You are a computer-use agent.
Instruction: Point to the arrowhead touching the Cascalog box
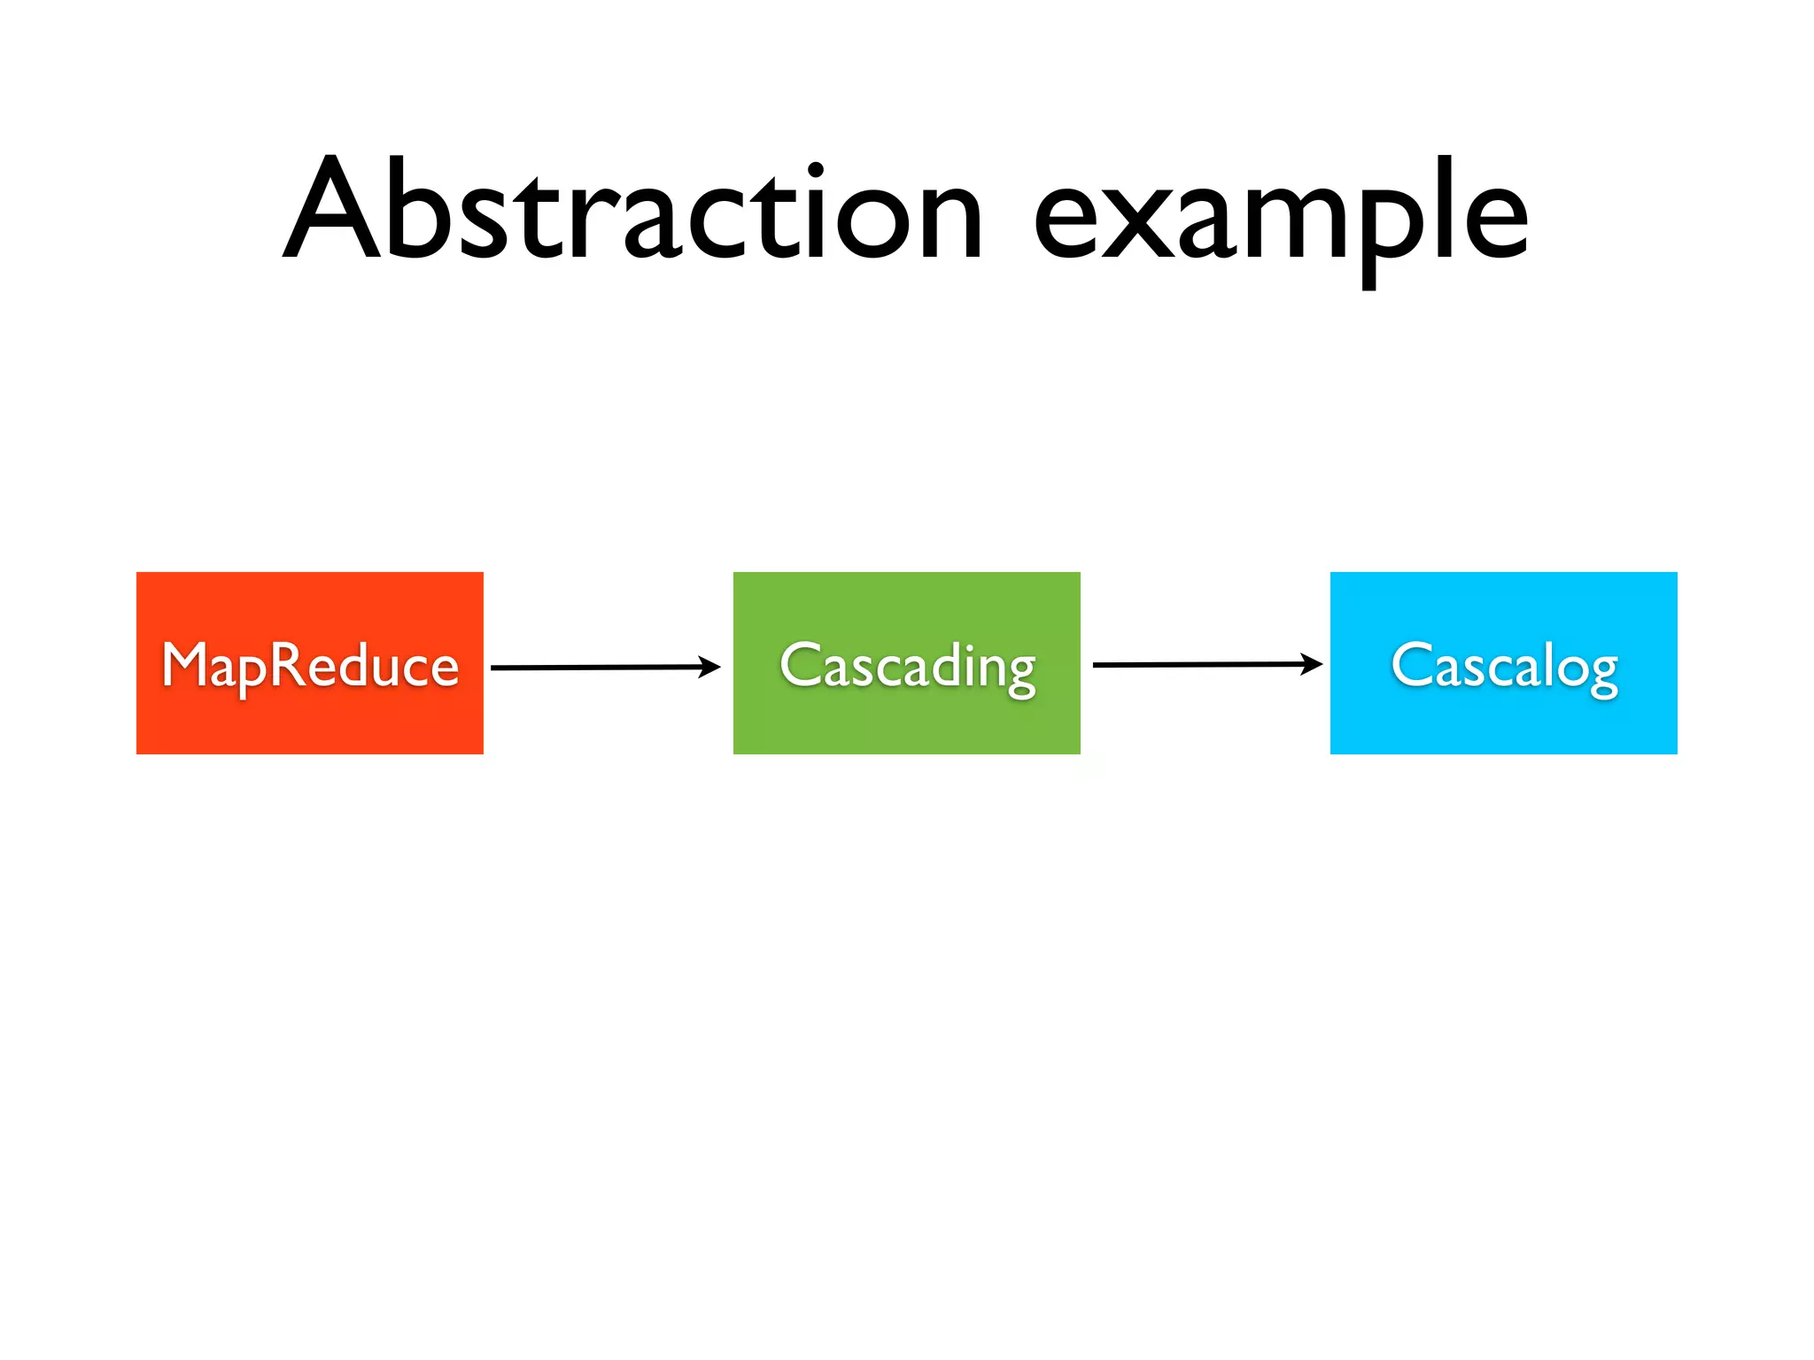(x=1312, y=663)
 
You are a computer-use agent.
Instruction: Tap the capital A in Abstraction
(x=331, y=211)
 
